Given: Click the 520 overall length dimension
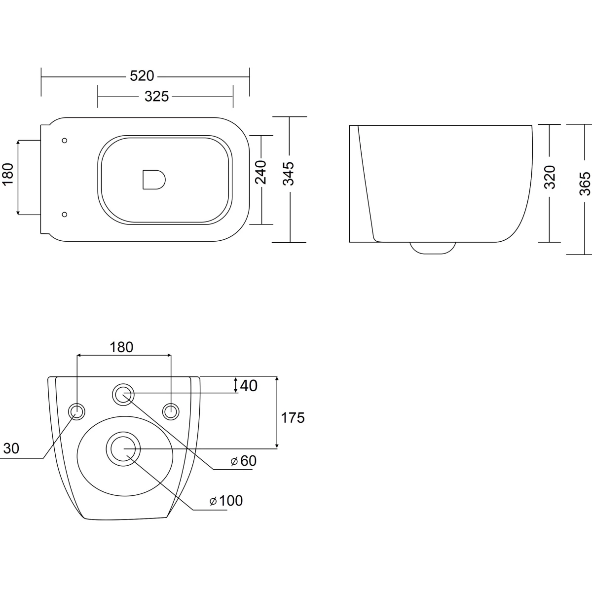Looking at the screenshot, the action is coord(142,76).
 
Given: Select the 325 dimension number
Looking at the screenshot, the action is coord(157,97).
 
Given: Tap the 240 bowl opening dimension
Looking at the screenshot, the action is coord(261,172).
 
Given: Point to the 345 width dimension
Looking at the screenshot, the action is coord(289,174).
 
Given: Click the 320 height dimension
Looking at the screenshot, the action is coord(550,177).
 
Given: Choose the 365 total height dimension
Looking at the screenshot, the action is coord(585,184).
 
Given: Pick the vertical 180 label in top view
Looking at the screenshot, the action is coord(8,174).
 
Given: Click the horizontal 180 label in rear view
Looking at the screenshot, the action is coord(121,347).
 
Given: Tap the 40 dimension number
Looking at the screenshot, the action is coord(249,386).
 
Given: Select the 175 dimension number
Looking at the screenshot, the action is coord(293,418).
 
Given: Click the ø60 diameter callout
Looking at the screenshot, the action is coord(243,461).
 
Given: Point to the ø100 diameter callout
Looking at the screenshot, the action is coord(226,501).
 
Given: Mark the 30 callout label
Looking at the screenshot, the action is coord(11,448).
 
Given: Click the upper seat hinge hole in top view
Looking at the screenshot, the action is coord(65,141).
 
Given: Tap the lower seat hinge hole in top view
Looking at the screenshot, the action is coord(65,215).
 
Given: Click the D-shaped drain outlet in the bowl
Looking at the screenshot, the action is coord(154,180).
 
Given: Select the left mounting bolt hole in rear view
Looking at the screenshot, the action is coord(76,411).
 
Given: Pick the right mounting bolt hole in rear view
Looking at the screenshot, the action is coord(171,411).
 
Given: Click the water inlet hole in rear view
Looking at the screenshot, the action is coord(123,395).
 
